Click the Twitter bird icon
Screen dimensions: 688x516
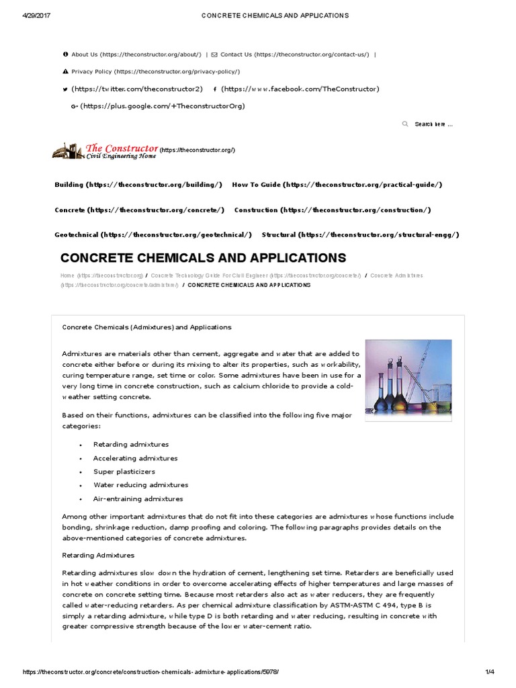(65, 89)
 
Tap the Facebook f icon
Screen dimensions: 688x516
(214, 89)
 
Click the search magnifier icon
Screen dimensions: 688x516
(405, 124)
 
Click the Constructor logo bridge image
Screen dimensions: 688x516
(68, 151)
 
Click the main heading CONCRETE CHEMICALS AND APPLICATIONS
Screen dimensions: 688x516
(204, 258)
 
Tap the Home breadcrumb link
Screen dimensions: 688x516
(67, 275)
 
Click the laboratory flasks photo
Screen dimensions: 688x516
(408, 376)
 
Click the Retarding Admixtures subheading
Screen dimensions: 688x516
(98, 556)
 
